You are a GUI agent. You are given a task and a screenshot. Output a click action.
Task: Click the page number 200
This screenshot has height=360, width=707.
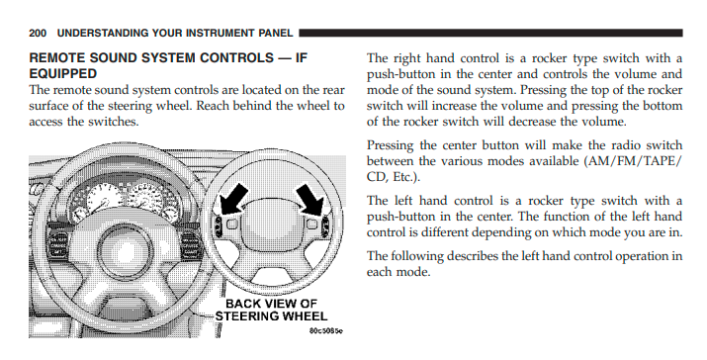point(38,33)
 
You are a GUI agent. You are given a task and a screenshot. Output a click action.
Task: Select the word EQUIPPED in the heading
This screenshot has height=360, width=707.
point(63,73)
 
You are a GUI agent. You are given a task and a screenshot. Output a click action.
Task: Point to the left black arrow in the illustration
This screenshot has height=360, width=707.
point(234,199)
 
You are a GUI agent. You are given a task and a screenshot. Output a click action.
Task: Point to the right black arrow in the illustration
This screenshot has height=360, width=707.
point(310,199)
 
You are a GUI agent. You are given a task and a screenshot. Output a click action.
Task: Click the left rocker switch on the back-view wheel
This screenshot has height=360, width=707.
point(220,225)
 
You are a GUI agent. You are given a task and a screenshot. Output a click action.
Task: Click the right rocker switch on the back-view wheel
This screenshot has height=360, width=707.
point(325,225)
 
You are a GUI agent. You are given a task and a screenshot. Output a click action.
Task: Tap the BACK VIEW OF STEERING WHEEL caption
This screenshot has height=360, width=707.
point(271,310)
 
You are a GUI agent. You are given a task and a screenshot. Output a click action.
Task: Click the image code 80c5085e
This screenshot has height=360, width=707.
point(326,330)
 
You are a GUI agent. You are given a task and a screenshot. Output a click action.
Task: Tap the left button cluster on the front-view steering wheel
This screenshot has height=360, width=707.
point(58,244)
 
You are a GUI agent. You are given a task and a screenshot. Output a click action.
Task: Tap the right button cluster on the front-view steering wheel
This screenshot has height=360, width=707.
point(192,244)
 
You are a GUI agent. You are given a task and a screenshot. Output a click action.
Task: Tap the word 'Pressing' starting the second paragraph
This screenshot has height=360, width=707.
point(390,146)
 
